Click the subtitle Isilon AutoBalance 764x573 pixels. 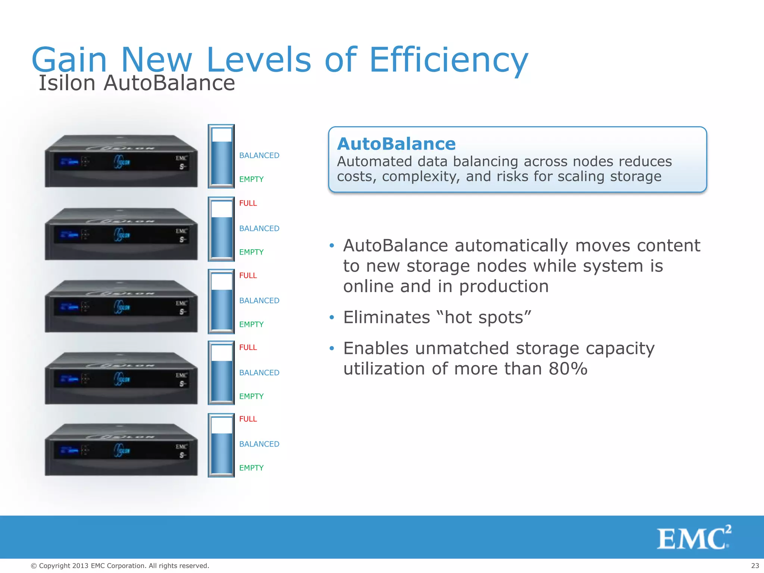tap(137, 83)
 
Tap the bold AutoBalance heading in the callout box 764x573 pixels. tap(396, 144)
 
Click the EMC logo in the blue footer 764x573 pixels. tap(693, 538)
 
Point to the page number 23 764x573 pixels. tap(755, 566)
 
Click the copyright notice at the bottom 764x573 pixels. tap(120, 566)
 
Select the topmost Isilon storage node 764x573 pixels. tap(121, 161)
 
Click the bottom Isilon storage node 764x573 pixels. tap(121, 450)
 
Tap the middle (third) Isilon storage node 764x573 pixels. tap(121, 306)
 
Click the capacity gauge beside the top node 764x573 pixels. tap(221, 156)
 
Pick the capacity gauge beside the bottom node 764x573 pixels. tap(221, 445)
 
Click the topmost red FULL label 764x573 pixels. tap(248, 203)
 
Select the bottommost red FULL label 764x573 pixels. tap(248, 419)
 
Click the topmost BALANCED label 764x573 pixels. tap(259, 156)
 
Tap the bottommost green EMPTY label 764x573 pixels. tap(251, 468)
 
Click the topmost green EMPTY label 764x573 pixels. tap(251, 179)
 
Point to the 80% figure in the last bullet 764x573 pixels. tap(568, 369)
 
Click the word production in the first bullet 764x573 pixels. tap(504, 286)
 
